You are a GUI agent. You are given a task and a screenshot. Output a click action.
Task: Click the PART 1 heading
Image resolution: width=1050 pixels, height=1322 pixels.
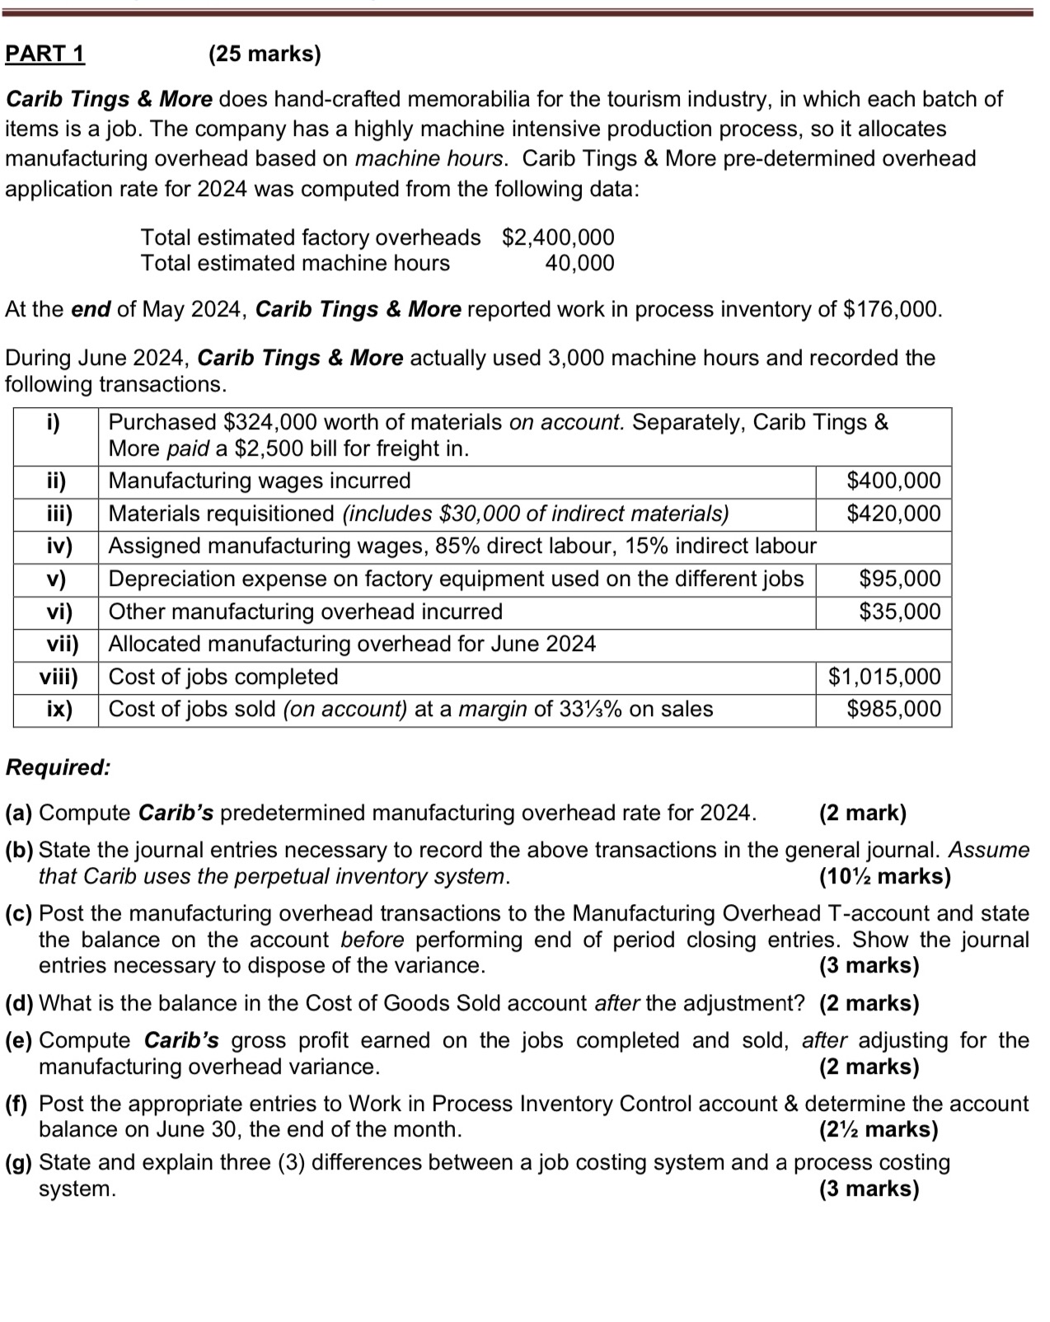tap(45, 54)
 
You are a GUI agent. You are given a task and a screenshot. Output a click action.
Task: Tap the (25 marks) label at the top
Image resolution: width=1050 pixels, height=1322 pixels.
tap(265, 54)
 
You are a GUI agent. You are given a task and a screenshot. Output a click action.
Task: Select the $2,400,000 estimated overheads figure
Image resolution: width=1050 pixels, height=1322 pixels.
tap(558, 237)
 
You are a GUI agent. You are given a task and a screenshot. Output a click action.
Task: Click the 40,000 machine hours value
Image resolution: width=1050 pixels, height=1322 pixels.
tap(579, 264)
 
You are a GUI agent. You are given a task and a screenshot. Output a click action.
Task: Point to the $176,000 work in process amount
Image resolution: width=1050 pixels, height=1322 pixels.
tap(892, 310)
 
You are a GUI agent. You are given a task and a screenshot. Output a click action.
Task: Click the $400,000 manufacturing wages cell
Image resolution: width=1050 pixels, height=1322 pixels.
tap(893, 481)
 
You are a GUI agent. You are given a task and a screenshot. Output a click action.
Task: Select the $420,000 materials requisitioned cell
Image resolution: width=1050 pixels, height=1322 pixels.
tap(893, 513)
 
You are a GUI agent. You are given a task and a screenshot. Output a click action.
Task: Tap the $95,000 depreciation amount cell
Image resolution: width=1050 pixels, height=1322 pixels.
tap(899, 579)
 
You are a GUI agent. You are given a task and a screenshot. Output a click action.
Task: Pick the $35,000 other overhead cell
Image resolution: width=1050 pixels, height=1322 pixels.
tap(899, 612)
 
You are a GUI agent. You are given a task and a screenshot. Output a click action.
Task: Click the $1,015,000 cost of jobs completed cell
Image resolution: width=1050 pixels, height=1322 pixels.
tap(884, 677)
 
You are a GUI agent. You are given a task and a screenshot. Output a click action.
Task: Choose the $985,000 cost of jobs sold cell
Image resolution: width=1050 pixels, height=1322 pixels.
tap(893, 709)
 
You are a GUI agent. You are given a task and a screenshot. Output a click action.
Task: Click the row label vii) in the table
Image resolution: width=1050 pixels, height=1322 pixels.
tap(57, 644)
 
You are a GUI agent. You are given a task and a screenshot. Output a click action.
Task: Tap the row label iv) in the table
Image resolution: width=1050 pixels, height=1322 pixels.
tap(57, 546)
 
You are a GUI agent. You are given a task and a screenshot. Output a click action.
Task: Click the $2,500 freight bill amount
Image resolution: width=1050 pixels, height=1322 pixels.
tap(263, 449)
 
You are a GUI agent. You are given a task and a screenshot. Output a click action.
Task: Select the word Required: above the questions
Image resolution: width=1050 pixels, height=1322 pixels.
tap(58, 767)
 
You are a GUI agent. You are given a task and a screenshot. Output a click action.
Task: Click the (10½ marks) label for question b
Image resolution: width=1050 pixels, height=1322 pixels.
tap(884, 876)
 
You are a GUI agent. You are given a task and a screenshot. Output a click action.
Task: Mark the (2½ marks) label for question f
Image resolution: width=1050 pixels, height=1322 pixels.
tap(879, 1130)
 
